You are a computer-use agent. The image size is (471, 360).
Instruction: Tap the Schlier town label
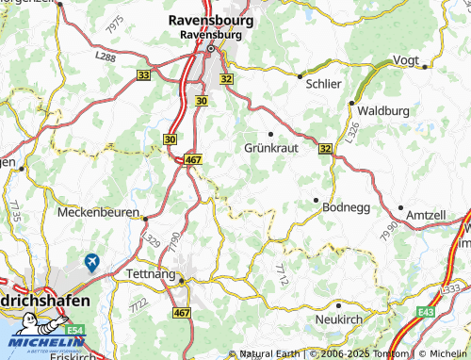pyautogui.click(x=323, y=83)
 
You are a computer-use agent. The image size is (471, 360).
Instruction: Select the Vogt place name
pyautogui.click(x=406, y=59)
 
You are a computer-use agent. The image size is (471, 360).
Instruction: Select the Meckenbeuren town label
pyautogui.click(x=98, y=213)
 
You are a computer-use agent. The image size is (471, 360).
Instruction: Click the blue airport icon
pyautogui.click(x=91, y=262)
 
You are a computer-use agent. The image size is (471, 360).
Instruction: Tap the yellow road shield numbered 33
pyautogui.click(x=143, y=74)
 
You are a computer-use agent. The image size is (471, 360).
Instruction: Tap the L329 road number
pyautogui.click(x=154, y=239)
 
